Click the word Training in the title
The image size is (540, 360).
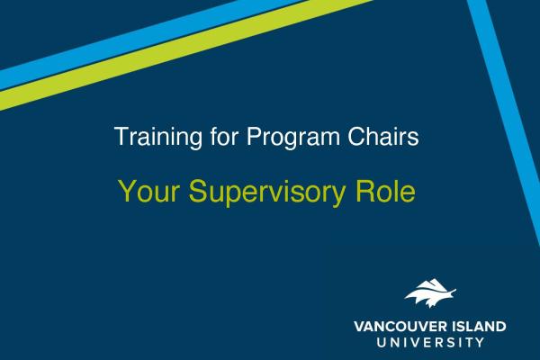click(158, 138)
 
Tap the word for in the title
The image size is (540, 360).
click(224, 137)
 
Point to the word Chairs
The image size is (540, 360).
click(383, 137)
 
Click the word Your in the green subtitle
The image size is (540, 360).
click(148, 192)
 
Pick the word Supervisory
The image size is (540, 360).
click(267, 193)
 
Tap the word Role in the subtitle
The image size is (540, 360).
click(385, 191)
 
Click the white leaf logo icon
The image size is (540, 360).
click(430, 293)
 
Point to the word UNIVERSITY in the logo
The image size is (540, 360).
click(430, 342)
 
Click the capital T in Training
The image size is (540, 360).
click(121, 137)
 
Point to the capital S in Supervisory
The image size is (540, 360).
click(197, 191)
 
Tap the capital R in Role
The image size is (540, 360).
click(364, 191)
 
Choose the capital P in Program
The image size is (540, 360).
click(254, 137)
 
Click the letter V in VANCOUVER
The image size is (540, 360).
click(359, 326)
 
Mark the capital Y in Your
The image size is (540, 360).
click(127, 191)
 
